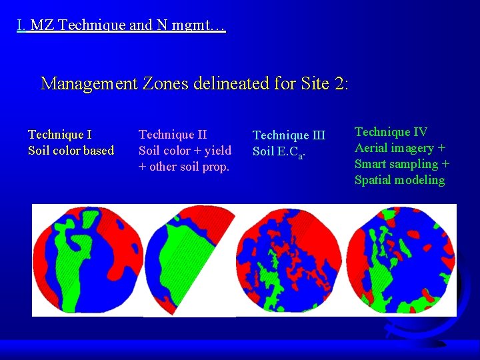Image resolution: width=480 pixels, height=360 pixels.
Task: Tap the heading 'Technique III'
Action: coord(289,135)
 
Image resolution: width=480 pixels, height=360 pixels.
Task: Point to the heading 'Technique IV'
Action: coord(391,132)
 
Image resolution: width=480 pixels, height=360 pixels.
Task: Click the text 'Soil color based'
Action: coord(71,151)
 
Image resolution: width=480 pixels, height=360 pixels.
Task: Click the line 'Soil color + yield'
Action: coord(185,151)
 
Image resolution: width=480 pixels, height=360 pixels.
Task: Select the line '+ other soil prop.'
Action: coord(183,167)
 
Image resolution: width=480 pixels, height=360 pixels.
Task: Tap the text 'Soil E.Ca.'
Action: coord(279,152)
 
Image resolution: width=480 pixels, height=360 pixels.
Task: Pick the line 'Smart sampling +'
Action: coord(401,164)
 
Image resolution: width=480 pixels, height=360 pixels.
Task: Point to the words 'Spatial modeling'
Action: coord(399,180)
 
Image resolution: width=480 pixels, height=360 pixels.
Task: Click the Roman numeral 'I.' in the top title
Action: coord(22,27)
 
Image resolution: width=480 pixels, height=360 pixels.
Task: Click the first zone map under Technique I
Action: coord(87,259)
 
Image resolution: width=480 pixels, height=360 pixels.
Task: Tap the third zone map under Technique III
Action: coord(291,260)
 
